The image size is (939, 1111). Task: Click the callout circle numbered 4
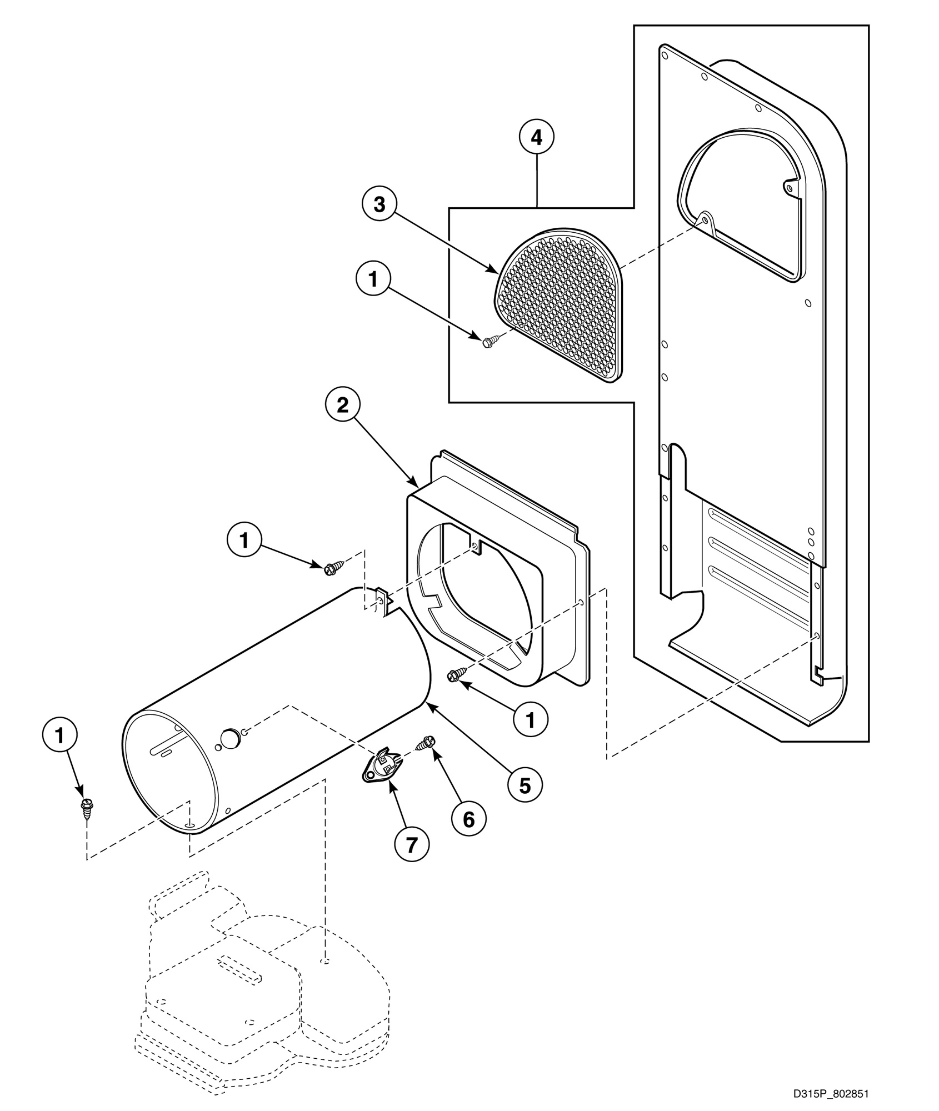[537, 137]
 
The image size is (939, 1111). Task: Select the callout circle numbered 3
[379, 205]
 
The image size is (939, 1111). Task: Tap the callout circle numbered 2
[343, 405]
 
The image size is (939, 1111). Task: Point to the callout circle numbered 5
[525, 785]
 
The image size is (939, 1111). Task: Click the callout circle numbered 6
[469, 818]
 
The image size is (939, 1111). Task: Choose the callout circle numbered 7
[411, 845]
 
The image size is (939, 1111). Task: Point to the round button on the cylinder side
[228, 738]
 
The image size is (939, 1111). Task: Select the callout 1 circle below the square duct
[531, 720]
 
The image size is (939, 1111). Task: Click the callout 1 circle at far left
[59, 735]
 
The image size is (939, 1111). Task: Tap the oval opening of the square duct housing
[483, 600]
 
